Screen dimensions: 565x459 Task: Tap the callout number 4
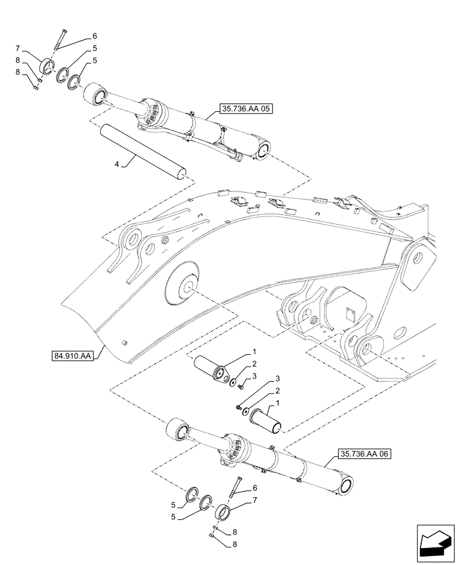coord(117,164)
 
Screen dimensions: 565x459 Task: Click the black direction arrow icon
coord(434,546)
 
